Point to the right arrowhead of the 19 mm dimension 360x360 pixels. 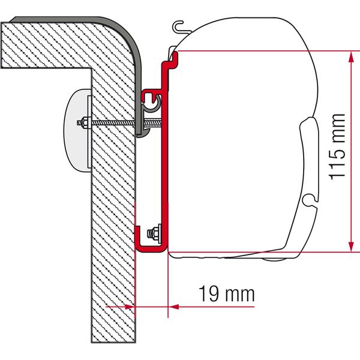click(x=174, y=306)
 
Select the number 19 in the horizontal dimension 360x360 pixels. click(x=207, y=294)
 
